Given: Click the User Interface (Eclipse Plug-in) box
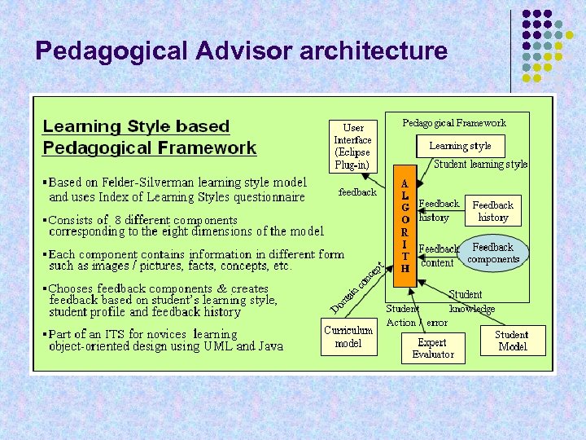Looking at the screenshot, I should (353, 146).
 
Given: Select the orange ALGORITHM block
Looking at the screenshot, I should (405, 227).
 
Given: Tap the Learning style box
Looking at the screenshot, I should (460, 146).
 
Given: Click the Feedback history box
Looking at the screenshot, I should (492, 211).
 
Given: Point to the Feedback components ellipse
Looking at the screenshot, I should (493, 253).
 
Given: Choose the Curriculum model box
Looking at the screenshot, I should (348, 337).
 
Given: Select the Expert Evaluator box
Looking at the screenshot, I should (432, 349).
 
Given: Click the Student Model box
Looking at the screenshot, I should (511, 341).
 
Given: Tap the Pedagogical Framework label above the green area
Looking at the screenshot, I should (454, 123).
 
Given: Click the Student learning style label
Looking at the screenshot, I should (480, 165).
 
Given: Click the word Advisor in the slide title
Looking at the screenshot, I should (244, 52).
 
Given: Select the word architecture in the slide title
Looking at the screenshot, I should (374, 52).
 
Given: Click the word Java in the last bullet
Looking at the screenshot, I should (269, 346).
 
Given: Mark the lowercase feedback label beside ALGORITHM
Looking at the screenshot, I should (357, 192).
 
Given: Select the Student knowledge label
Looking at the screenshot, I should (471, 301).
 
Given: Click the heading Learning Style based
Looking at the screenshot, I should (136, 126).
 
